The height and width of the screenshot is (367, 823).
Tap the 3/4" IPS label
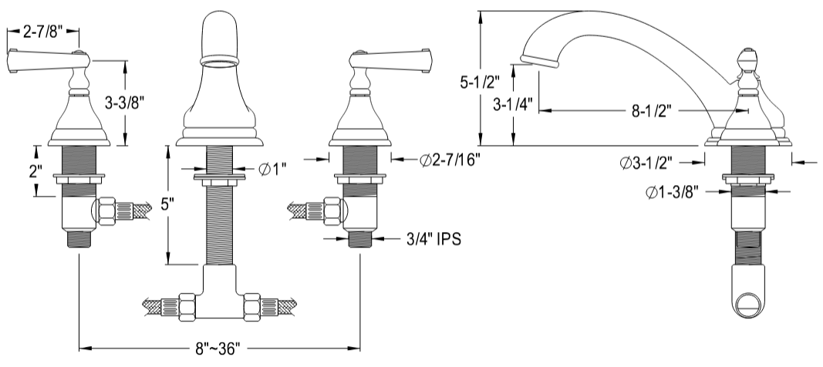coord(433,240)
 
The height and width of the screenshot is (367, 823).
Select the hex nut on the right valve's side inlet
coord(332,210)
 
